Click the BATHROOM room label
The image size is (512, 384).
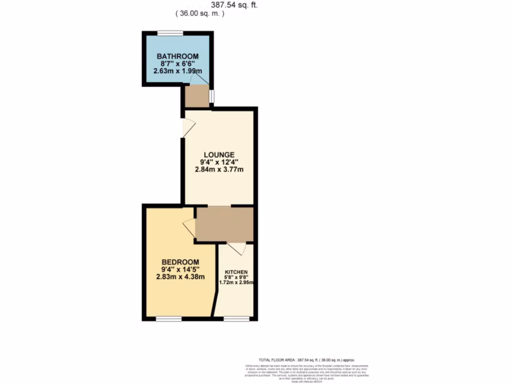177,56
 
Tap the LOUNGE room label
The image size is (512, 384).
219,154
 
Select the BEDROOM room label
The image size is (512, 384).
180,262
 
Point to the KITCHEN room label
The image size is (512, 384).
236,272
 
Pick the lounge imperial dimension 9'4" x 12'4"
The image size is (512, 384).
219,161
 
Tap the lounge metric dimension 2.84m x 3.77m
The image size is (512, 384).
219,169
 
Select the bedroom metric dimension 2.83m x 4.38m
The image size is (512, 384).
180,277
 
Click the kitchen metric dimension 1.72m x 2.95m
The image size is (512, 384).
236,282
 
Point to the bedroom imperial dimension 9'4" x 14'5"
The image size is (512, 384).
180,270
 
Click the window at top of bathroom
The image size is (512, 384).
170,33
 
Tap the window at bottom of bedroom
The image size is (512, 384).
168,318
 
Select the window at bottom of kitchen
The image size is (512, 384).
236,318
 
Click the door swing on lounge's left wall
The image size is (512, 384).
188,127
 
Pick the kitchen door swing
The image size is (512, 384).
236,247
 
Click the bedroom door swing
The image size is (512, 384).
189,228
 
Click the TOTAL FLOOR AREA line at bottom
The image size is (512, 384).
306,360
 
